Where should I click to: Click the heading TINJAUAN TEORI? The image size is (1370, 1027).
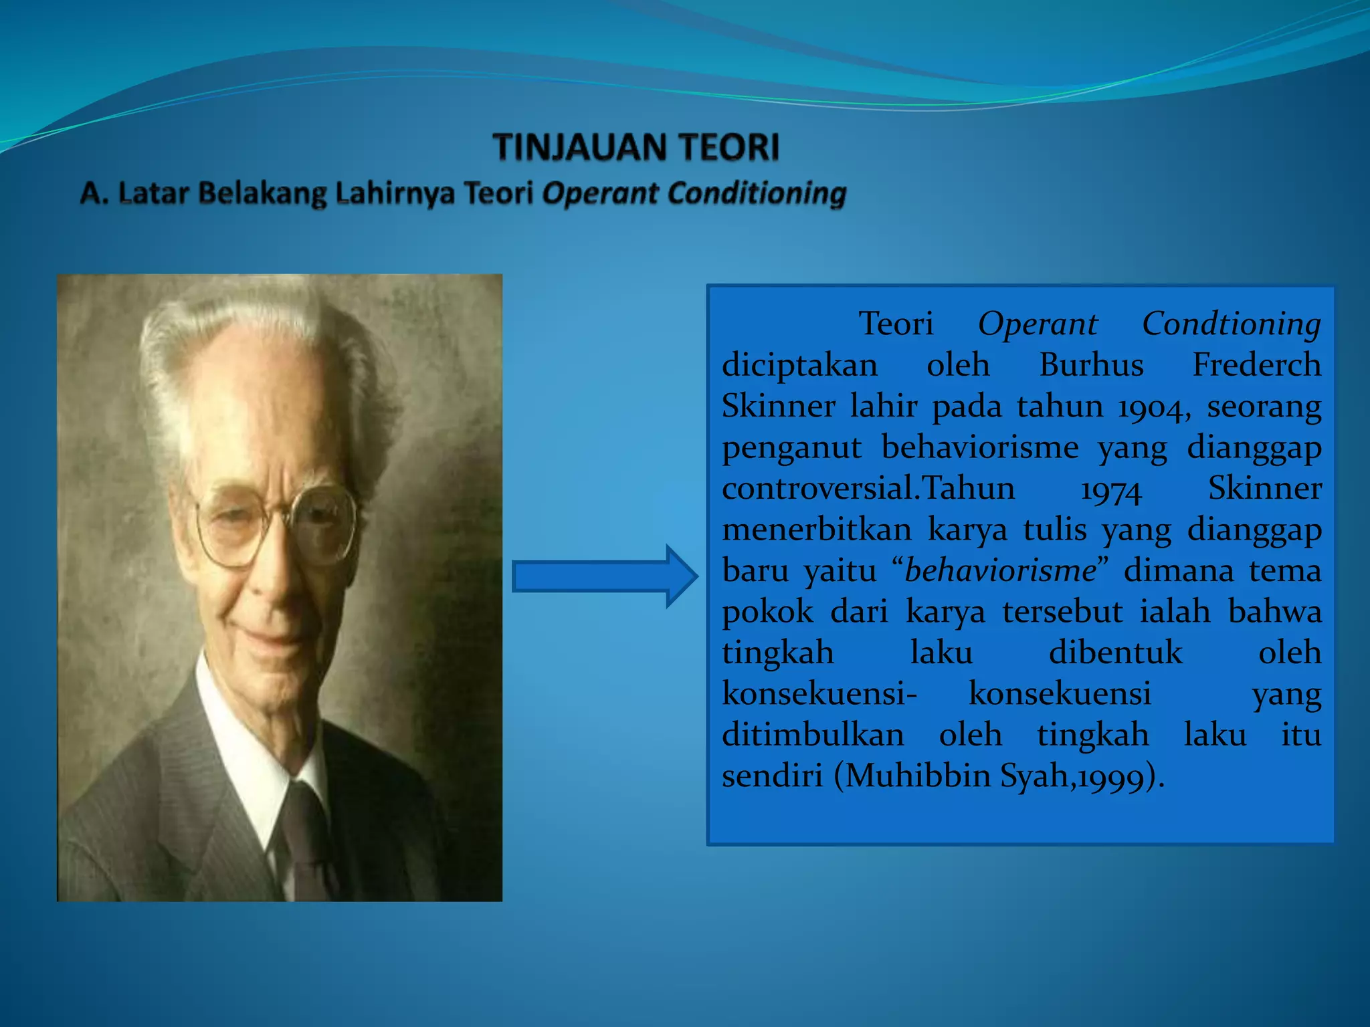coord(636,147)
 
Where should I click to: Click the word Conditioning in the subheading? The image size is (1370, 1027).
coord(757,193)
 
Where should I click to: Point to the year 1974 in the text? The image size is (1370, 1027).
coord(1110,490)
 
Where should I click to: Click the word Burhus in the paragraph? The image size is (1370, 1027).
coord(1091,366)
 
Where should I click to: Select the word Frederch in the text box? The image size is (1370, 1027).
coord(1256,366)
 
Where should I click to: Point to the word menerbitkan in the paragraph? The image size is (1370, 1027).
coord(817,530)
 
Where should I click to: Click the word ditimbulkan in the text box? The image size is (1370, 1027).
coord(813,735)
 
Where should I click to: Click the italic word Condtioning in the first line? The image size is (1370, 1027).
coord(1231,324)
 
